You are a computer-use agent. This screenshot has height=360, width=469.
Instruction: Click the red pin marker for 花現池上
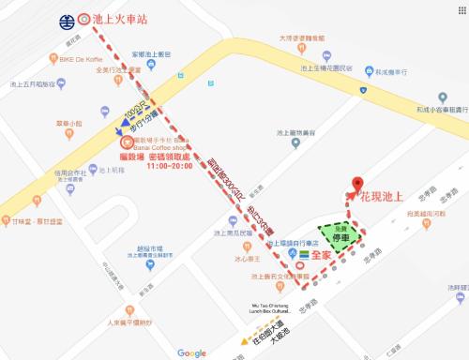pos(356,184)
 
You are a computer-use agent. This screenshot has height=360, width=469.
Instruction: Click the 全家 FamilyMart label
pos(325,254)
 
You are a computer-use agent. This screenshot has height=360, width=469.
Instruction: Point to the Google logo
pos(191,352)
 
